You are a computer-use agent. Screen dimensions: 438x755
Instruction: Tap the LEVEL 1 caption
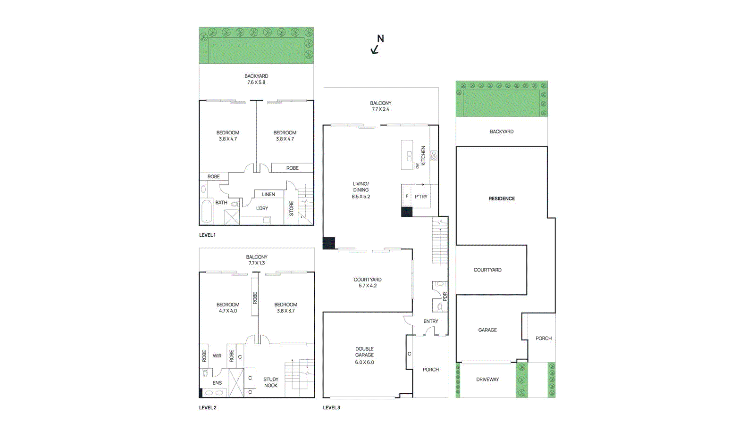pos(207,235)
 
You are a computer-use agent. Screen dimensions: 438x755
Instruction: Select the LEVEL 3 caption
pos(331,407)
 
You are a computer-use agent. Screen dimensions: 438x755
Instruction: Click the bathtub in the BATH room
pos(207,211)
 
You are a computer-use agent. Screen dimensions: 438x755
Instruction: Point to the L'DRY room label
pos(262,208)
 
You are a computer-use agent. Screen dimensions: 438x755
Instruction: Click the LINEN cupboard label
pos(268,194)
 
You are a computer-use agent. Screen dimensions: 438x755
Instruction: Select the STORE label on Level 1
pos(291,208)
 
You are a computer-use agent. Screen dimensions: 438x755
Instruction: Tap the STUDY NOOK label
pos(271,382)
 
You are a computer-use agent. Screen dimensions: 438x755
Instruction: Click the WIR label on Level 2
pos(217,356)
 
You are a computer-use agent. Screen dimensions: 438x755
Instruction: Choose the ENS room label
pos(217,383)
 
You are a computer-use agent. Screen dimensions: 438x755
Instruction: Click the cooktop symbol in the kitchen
pos(433,156)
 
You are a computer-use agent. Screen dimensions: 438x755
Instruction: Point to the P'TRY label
pos(421,197)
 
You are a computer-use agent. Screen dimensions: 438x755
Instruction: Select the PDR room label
pos(445,297)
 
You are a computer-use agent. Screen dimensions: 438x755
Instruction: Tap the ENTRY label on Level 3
pos(430,321)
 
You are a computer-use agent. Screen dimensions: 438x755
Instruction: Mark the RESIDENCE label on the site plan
pos(502,198)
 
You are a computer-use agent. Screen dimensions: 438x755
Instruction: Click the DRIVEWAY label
pos(487,379)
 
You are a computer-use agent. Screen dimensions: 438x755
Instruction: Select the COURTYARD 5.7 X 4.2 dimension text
pos(368,286)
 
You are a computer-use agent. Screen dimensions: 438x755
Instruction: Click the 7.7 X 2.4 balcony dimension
pos(380,109)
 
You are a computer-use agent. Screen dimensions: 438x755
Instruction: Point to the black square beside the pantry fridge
pos(407,212)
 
